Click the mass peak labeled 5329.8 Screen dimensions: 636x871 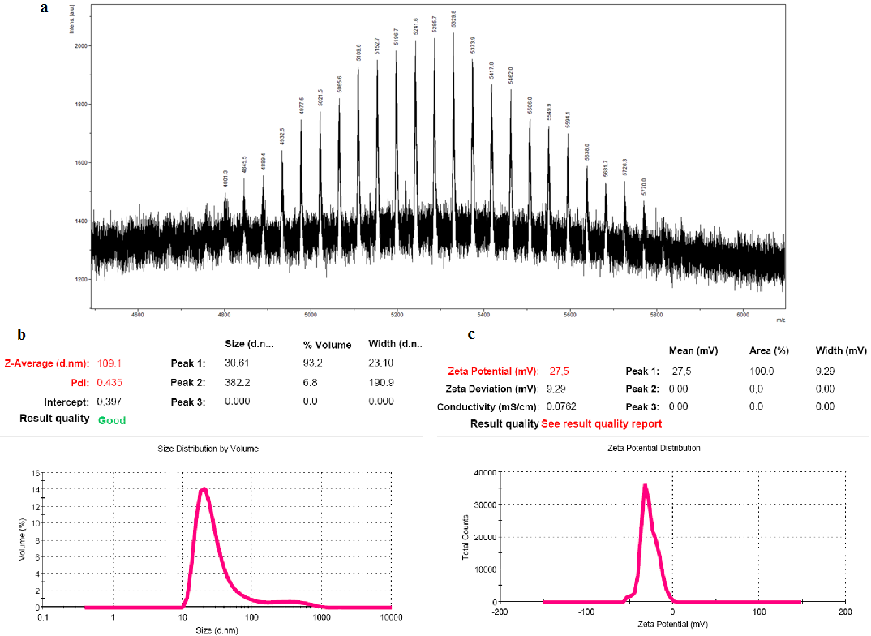click(x=453, y=34)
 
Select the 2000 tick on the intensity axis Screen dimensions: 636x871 click(x=79, y=46)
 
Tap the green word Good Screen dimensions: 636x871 click(x=112, y=420)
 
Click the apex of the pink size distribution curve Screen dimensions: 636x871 click(x=204, y=488)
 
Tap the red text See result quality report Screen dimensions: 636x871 click(x=601, y=423)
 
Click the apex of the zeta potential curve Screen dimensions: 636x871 click(x=645, y=485)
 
